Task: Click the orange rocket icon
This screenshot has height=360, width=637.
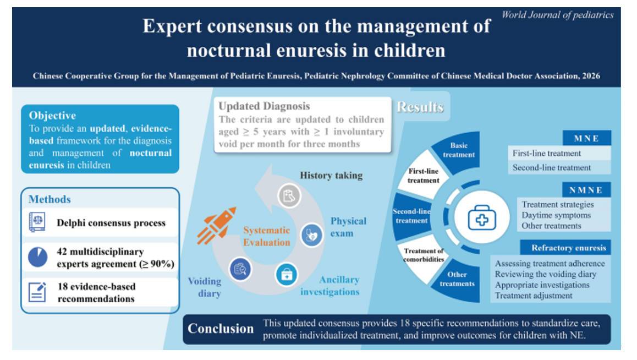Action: tap(217, 225)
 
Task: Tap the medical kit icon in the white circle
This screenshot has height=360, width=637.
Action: tap(482, 217)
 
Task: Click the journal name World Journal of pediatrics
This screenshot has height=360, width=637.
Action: tap(557, 15)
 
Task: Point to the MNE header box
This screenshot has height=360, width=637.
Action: tap(586, 138)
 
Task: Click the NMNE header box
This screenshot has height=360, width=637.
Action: tap(586, 190)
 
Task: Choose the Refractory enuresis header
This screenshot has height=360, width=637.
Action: tap(565, 248)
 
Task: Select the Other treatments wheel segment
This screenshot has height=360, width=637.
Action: tap(457, 280)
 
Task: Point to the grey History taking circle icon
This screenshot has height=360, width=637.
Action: tap(289, 196)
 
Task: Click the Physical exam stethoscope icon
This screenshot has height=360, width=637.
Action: tap(311, 235)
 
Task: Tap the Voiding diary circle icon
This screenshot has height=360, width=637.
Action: tap(240, 269)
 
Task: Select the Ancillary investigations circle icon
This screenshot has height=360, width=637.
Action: tap(287, 275)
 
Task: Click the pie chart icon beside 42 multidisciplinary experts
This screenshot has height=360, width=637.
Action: tap(38, 257)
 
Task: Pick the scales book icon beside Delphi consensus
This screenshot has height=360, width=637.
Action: tap(37, 222)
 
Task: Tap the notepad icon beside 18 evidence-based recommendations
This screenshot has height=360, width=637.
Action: tap(37, 292)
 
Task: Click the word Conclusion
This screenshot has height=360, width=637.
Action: tap(221, 328)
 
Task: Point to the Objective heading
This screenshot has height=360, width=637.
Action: tap(52, 116)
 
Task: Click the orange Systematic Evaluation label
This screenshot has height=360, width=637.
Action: tap(266, 236)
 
